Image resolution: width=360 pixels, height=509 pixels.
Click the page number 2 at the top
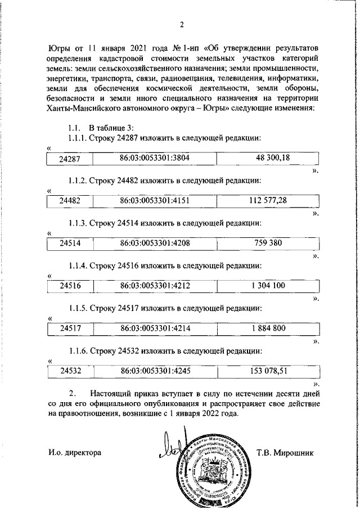click(182, 25)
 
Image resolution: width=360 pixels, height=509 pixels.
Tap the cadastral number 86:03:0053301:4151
click(155, 201)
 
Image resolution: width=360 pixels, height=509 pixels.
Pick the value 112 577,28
click(272, 201)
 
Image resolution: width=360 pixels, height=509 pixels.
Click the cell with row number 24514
click(71, 244)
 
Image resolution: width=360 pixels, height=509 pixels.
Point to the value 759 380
click(272, 243)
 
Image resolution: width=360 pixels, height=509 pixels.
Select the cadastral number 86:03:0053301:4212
click(155, 286)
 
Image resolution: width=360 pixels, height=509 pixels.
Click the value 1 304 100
click(272, 286)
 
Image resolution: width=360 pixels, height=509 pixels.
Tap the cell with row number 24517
click(71, 328)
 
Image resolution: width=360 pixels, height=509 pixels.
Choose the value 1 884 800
click(272, 328)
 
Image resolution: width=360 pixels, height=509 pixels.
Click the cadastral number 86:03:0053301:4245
click(155, 371)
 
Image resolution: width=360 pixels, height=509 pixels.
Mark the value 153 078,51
click(272, 371)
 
